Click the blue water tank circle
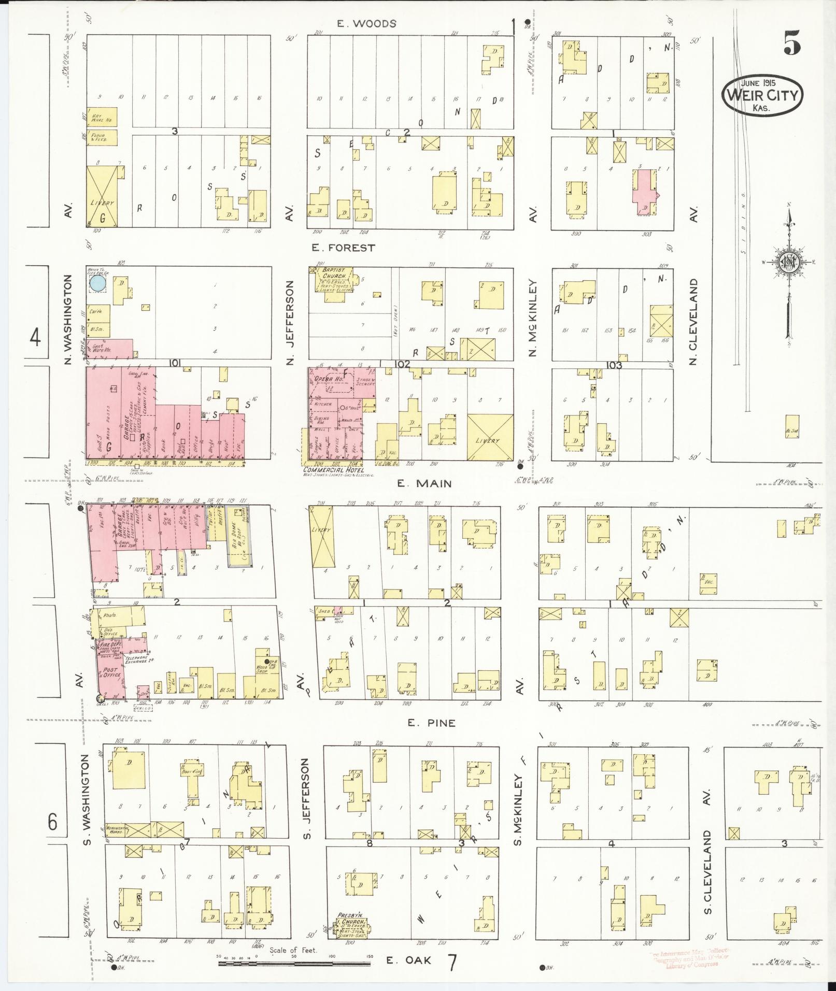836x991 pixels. tap(97, 283)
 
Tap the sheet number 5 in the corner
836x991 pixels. tap(792, 43)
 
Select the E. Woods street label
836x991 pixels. tap(366, 23)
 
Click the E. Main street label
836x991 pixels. tap(424, 483)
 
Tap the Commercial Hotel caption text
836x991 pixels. tap(332, 470)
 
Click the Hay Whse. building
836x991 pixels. tap(102, 118)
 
